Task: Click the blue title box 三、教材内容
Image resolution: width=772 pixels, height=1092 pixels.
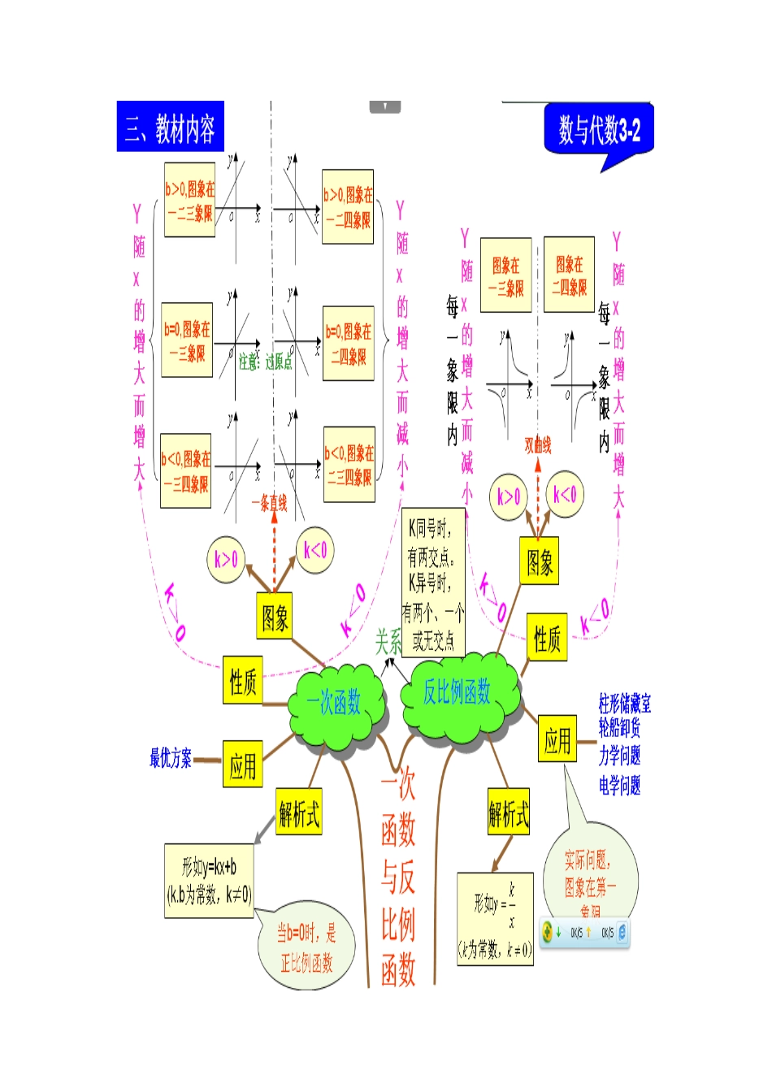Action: [170, 127]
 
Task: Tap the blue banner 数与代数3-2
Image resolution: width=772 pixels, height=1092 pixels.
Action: [599, 129]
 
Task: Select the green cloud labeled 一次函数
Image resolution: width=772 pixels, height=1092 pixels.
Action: [334, 703]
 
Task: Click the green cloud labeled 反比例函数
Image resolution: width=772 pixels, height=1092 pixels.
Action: [458, 692]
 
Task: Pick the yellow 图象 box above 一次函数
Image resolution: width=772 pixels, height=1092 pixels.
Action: [275, 617]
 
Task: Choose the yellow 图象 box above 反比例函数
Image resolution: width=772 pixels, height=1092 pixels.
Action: [540, 561]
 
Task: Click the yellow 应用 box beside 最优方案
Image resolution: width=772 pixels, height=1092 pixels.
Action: [242, 765]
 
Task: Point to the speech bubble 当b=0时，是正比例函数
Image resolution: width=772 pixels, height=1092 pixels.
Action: [306, 947]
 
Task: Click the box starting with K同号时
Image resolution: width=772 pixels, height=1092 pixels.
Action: [433, 583]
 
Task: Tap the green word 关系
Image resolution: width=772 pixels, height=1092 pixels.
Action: [388, 642]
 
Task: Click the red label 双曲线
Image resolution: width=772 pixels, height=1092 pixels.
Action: [537, 444]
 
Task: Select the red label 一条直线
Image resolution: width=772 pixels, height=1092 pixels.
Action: [269, 504]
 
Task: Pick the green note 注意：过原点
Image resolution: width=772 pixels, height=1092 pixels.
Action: [266, 362]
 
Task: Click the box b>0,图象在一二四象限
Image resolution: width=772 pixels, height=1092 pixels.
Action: [348, 207]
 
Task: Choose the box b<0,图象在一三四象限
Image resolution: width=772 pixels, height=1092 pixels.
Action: [186, 471]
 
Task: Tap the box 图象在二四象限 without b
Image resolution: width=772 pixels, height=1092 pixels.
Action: [569, 275]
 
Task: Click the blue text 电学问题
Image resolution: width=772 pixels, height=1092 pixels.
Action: [619, 786]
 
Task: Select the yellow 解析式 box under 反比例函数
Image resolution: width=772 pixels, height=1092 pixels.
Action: [509, 812]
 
